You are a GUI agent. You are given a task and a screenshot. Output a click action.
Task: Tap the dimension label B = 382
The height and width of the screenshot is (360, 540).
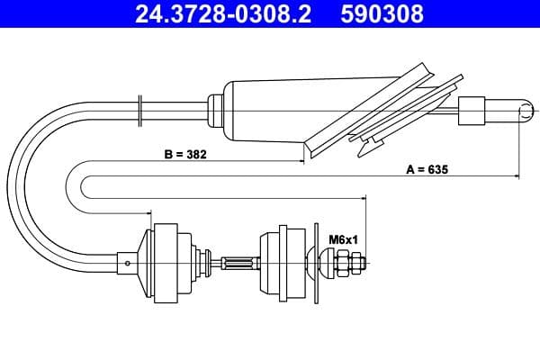[x=186, y=154]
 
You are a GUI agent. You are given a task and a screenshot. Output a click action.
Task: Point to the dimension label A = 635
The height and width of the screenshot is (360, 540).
[x=427, y=168]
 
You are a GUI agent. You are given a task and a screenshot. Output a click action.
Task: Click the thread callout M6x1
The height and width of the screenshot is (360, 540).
[x=342, y=239]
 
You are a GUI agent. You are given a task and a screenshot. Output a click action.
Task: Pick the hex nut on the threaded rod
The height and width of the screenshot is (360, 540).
[x=353, y=264]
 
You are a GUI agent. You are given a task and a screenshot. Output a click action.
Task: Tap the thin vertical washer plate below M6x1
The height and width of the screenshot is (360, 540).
[x=316, y=264]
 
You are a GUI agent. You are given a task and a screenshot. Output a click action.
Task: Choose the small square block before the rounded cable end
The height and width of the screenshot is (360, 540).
[x=472, y=112]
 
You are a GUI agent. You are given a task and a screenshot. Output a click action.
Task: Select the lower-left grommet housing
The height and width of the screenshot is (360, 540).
[x=166, y=264]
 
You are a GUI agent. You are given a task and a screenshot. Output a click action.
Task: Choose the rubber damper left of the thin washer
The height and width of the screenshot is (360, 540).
[x=283, y=264]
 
